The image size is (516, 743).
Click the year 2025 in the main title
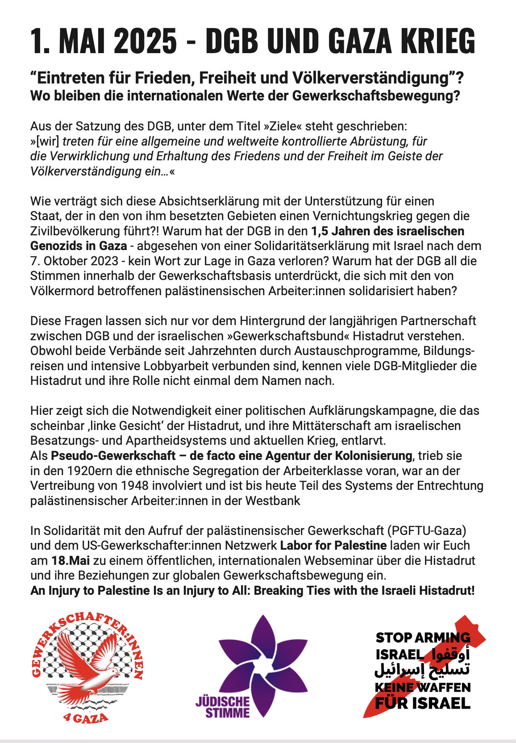(x=146, y=41)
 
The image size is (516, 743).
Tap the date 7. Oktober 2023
(x=75, y=261)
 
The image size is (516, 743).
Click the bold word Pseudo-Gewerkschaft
(x=113, y=456)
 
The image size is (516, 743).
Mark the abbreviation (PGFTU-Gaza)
(x=427, y=531)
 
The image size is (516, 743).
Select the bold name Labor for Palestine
(x=333, y=546)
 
